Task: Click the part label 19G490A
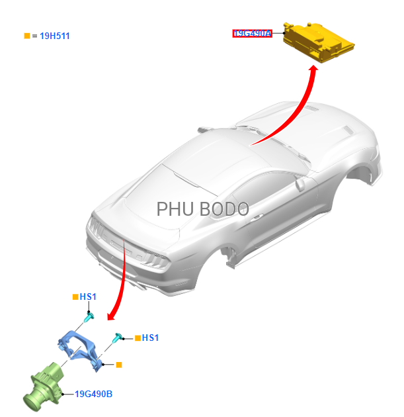[x=252, y=34]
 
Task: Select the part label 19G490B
[x=93, y=394]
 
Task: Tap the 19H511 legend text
[x=55, y=36]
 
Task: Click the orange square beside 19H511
[x=27, y=36]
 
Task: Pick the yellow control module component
[x=318, y=42]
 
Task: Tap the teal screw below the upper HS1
[x=89, y=317]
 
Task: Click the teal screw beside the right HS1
[x=117, y=337]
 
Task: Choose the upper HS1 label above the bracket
[x=88, y=297]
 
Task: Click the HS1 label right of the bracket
[x=150, y=338]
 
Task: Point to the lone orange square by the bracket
[x=119, y=365]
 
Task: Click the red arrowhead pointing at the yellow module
[x=313, y=69]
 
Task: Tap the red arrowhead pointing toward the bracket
[x=111, y=316]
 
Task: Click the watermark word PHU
[x=175, y=209]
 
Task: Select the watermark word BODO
[x=224, y=209]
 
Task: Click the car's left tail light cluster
[x=96, y=228]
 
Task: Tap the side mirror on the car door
[x=300, y=184]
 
